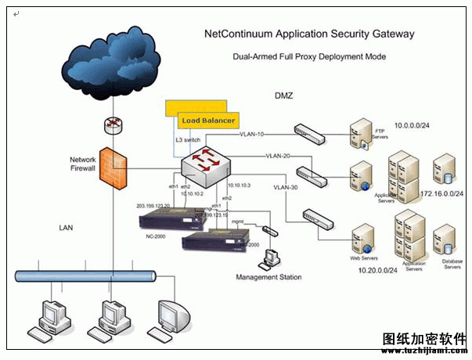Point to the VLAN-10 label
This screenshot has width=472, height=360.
tap(252, 134)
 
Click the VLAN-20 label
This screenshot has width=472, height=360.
tap(278, 156)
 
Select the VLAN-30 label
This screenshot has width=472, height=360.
tap(286, 188)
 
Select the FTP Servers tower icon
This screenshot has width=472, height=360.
tap(361, 134)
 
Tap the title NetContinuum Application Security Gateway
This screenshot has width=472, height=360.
tap(309, 34)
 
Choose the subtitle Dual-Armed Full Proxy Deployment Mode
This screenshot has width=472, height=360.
tap(309, 57)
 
